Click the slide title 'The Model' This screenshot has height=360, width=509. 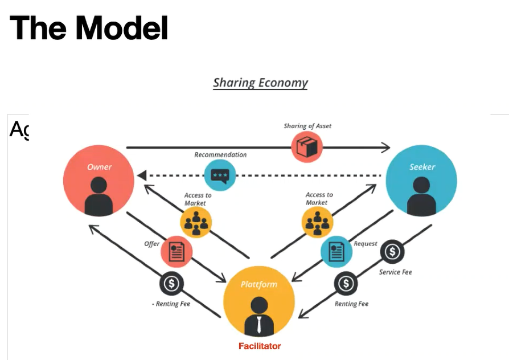pyautogui.click(x=89, y=28)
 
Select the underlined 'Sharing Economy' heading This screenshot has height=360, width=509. pyautogui.click(x=260, y=83)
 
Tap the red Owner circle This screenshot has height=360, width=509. pyautogui.click(x=98, y=181)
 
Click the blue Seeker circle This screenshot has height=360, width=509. pyautogui.click(x=421, y=181)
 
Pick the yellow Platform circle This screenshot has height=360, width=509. pyautogui.click(x=259, y=301)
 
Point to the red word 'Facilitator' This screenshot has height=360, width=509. pyautogui.click(x=260, y=346)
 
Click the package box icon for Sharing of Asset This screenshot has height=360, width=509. pyautogui.click(x=307, y=147)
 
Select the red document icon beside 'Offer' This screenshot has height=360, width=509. pyautogui.click(x=176, y=252)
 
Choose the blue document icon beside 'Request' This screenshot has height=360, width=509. pyautogui.click(x=336, y=251)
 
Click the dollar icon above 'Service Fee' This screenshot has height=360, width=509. pyautogui.click(x=392, y=251)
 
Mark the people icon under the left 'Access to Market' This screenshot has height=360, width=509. pyautogui.click(x=196, y=222)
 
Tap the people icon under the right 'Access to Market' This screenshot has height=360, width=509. pyautogui.click(x=317, y=222)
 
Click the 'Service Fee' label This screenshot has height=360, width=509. pyautogui.click(x=395, y=272)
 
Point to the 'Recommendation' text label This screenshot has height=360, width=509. pyautogui.click(x=220, y=155)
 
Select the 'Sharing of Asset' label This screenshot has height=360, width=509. pyautogui.click(x=307, y=126)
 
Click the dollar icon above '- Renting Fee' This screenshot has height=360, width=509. pyautogui.click(x=171, y=283)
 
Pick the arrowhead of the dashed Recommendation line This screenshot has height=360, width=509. pyautogui.click(x=141, y=175)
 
